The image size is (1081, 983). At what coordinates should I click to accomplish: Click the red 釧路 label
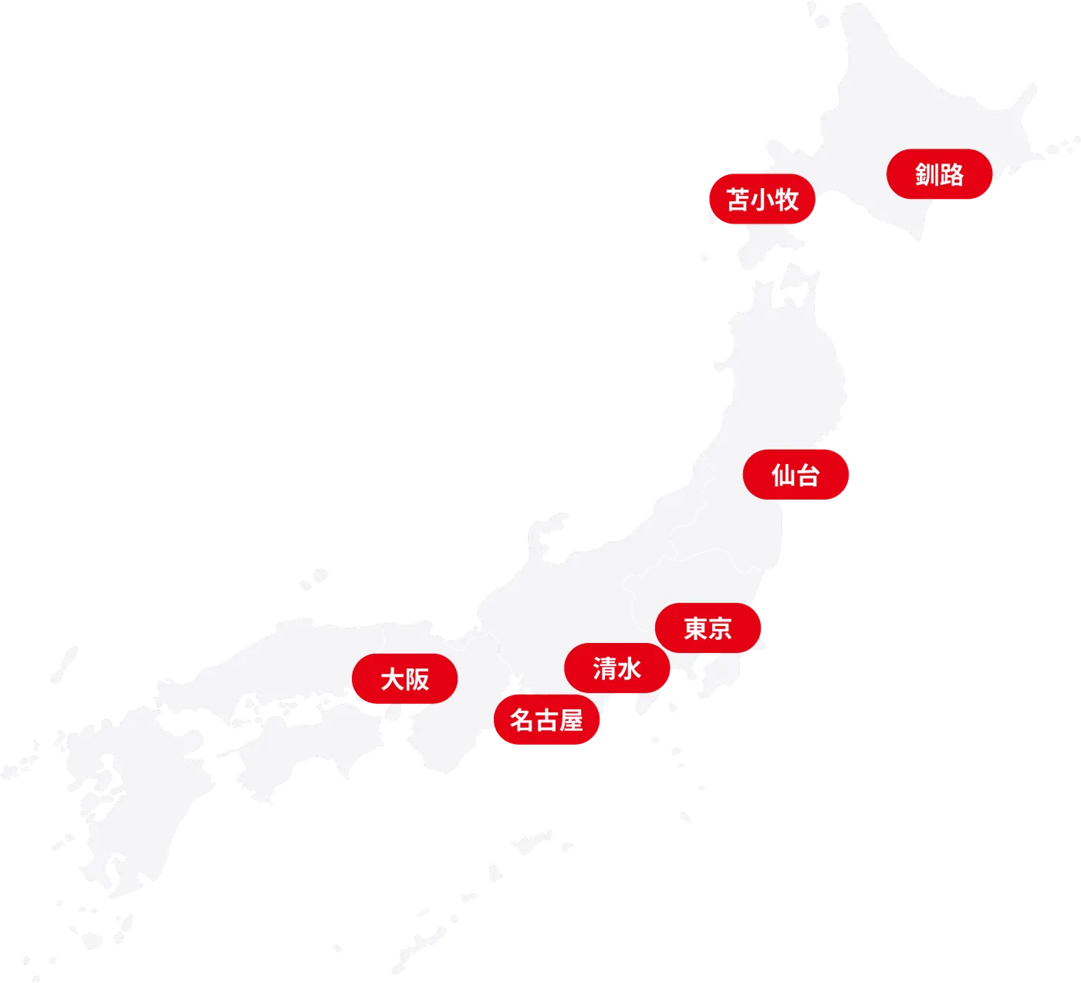[x=939, y=175]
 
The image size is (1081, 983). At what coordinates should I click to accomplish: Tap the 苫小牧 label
[x=762, y=200]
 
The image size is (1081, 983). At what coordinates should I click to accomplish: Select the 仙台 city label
[x=796, y=475]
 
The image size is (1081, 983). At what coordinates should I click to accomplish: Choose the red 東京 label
[x=708, y=628]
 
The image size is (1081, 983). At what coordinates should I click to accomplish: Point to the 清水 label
[x=617, y=668]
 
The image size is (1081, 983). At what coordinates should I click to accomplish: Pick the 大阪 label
[x=404, y=679]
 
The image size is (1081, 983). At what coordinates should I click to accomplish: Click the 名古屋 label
[x=546, y=721]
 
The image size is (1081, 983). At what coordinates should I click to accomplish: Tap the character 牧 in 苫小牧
[x=786, y=200]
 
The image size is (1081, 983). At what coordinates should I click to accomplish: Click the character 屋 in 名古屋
[x=571, y=721]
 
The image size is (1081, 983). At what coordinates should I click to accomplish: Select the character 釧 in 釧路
[x=927, y=175]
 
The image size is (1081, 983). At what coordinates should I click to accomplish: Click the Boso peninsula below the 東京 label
[x=721, y=671]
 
